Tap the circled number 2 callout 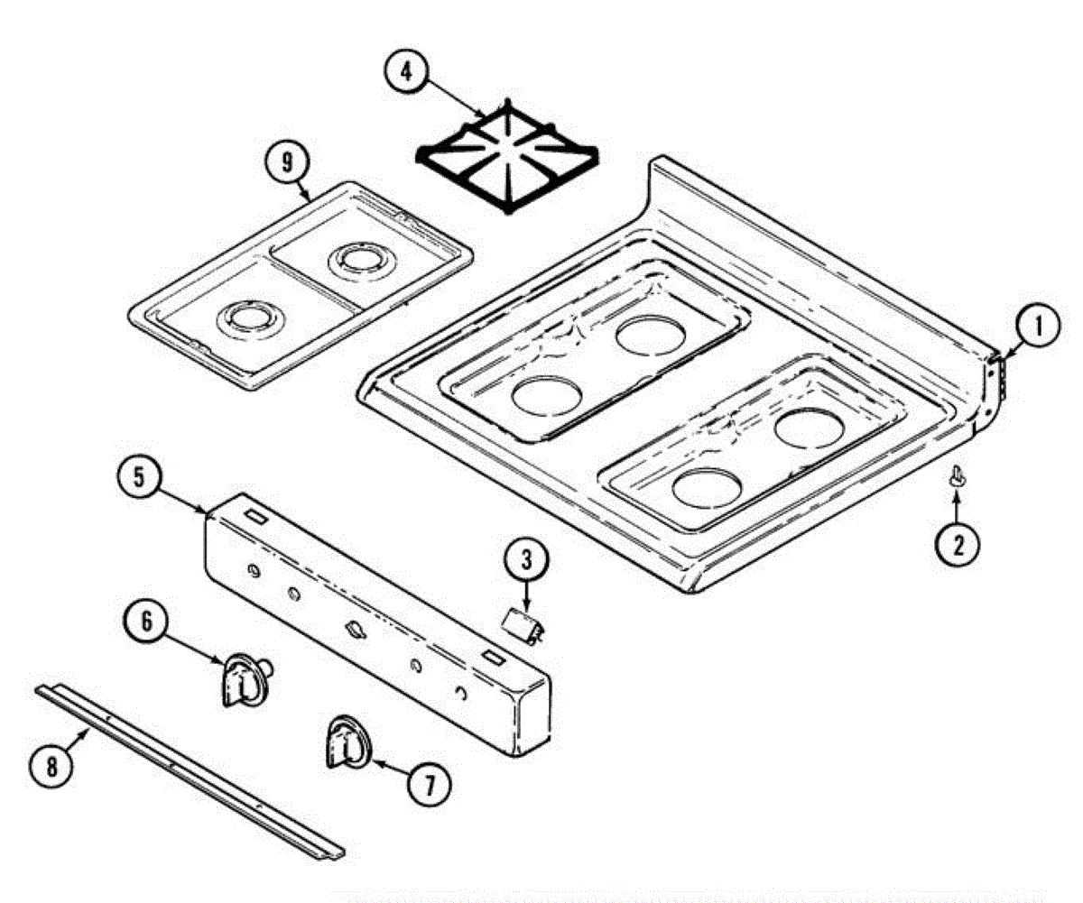(x=958, y=543)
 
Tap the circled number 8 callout (x=51, y=766)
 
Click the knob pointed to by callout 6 (x=242, y=678)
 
